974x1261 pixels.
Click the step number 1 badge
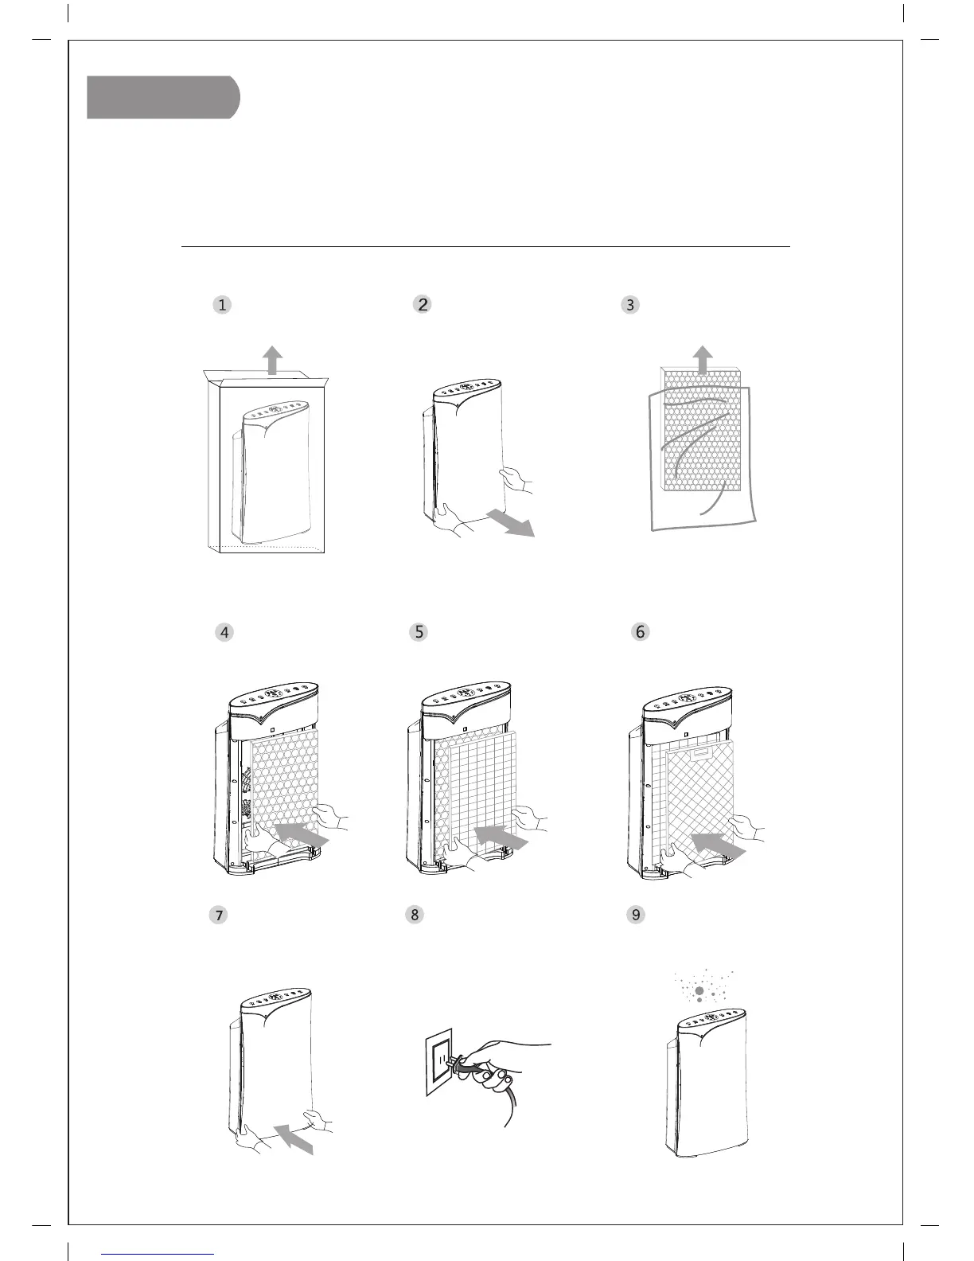point(222,304)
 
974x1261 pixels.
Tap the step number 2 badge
point(423,304)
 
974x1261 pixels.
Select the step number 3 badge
point(630,304)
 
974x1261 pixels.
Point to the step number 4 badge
point(225,632)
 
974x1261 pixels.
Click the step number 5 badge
point(419,632)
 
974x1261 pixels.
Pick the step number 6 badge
point(641,632)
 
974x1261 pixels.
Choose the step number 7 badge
point(217,915)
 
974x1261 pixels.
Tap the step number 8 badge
point(414,915)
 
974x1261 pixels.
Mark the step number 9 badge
point(636,915)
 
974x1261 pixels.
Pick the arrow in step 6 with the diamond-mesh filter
point(718,846)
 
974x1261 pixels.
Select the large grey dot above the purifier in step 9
point(699,990)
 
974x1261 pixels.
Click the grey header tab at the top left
point(162,97)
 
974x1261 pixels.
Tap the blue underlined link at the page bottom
point(158,1253)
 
